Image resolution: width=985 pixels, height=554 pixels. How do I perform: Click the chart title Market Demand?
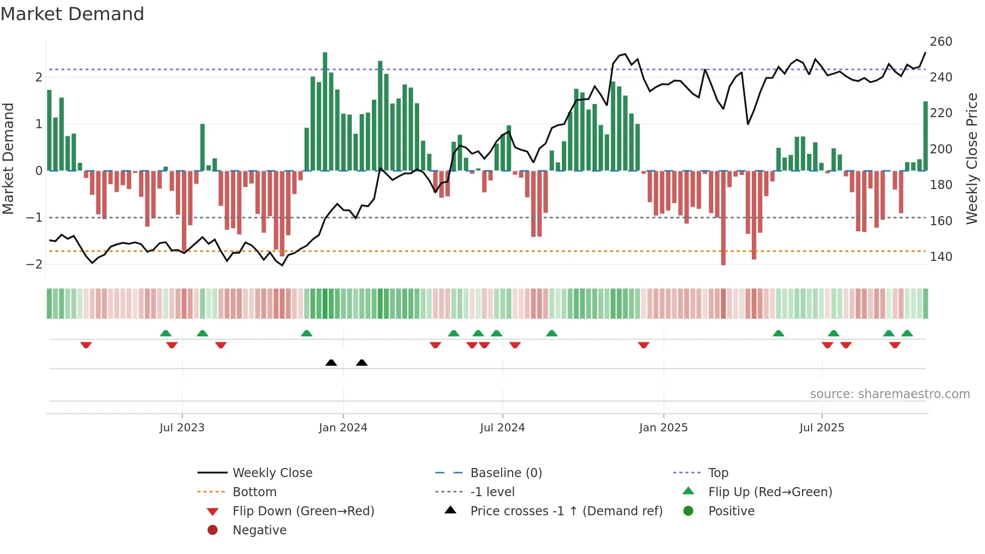point(72,14)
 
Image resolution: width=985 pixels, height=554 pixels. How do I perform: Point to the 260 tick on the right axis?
point(941,42)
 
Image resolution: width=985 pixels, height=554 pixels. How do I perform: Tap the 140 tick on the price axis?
point(941,257)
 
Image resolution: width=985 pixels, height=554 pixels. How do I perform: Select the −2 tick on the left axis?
point(34,264)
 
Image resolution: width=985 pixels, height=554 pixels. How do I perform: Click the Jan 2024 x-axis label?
point(343,428)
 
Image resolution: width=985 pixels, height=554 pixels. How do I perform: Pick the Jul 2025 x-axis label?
point(822,428)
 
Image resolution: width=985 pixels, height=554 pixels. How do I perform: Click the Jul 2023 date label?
point(182,428)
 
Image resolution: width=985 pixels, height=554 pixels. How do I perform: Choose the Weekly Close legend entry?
point(272,473)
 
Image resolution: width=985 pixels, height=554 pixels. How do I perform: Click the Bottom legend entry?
point(254,492)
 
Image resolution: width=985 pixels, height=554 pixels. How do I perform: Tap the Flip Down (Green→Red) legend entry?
point(303,511)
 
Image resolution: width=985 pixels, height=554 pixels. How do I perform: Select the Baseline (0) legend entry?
point(506,473)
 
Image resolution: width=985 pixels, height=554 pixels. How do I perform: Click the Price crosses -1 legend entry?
point(566,511)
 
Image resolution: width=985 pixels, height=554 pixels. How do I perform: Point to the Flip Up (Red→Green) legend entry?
point(770,492)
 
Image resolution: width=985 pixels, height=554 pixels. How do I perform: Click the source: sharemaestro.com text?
point(890,394)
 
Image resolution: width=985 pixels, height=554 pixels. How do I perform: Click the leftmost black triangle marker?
point(331,362)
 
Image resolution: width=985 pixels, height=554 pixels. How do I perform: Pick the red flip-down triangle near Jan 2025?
point(644,345)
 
